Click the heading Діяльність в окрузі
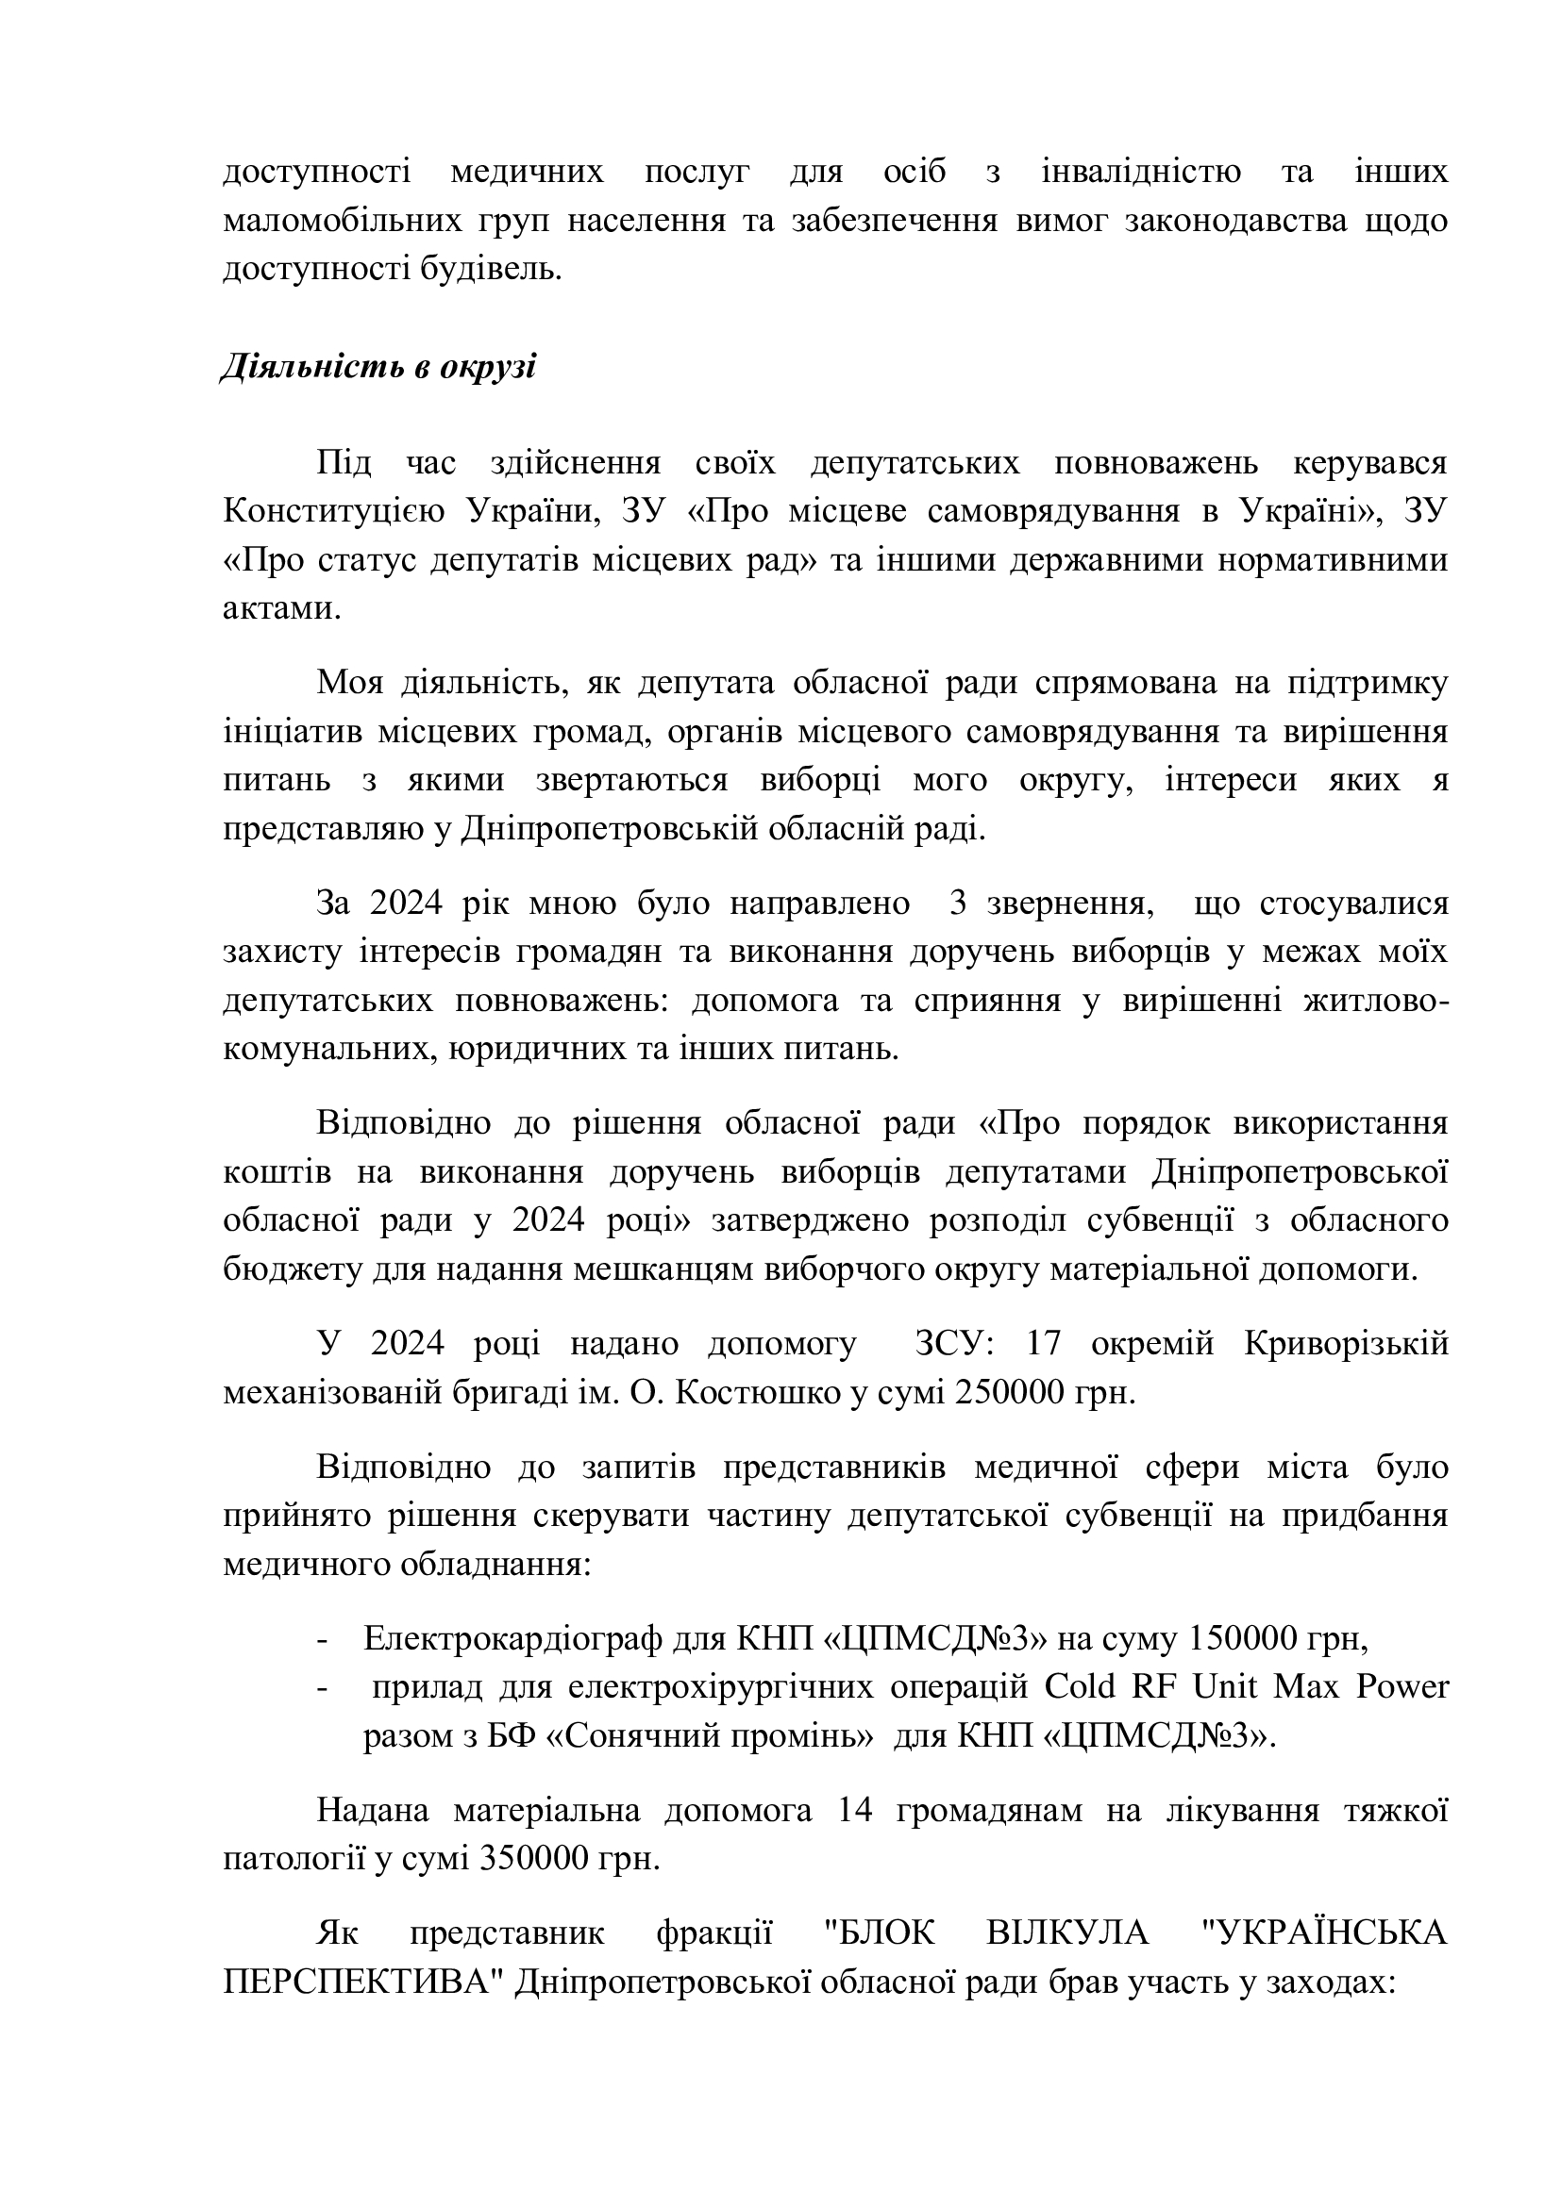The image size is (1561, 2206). (378, 367)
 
